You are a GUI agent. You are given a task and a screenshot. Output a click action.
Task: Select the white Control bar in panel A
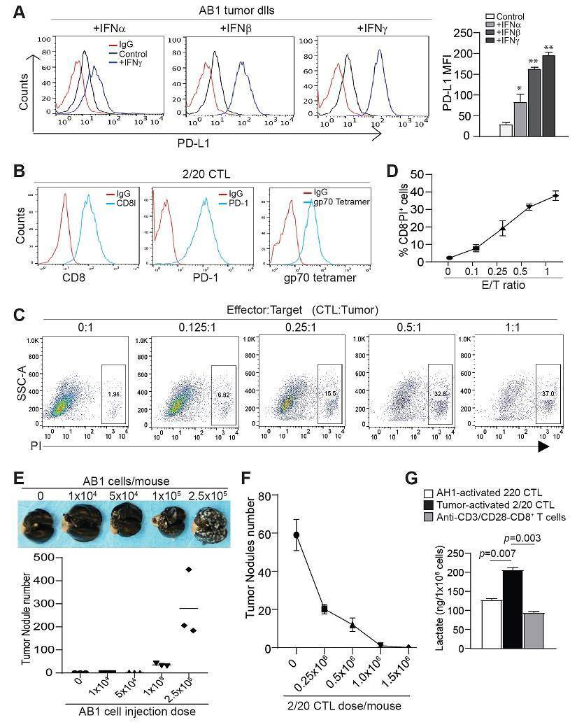[x=506, y=130]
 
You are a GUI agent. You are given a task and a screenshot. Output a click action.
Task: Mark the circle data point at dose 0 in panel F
[x=297, y=535]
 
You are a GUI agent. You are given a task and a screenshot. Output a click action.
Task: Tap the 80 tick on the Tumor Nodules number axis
[x=269, y=496]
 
